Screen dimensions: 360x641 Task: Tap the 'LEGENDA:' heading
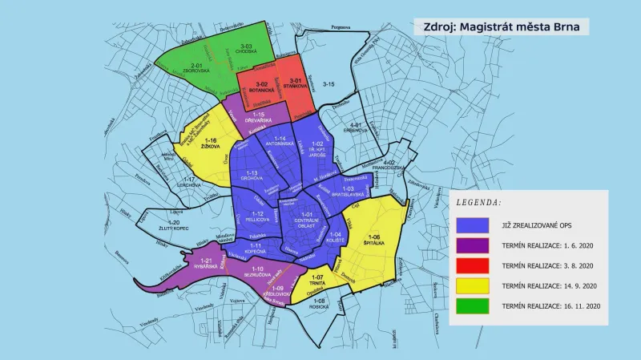click(478, 204)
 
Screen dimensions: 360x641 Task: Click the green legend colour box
click(474, 305)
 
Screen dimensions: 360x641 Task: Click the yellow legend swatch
click(474, 285)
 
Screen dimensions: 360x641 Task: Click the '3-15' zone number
click(329, 84)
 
